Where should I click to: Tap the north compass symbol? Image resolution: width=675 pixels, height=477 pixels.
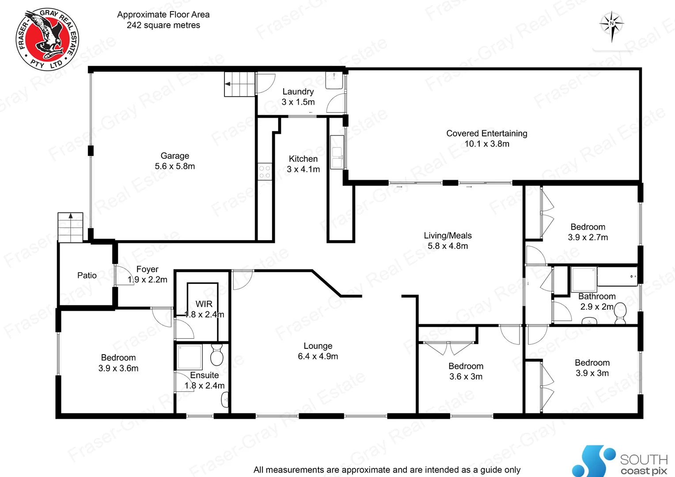point(611,25)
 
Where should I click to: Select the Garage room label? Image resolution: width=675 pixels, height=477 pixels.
point(175,156)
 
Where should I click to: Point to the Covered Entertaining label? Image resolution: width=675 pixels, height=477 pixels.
point(487,133)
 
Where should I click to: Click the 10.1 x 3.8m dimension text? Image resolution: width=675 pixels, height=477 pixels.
point(487,144)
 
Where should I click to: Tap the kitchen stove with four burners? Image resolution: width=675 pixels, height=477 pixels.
point(265,172)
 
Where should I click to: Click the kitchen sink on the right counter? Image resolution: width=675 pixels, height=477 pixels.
point(337,152)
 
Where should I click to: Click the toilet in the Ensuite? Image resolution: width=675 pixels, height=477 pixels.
point(216,355)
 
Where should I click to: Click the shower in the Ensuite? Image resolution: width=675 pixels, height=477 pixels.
point(190,357)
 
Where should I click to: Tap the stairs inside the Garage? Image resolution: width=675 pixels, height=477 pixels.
point(240,84)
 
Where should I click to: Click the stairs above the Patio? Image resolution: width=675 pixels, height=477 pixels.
point(70,227)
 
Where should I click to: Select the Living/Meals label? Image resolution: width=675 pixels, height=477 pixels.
point(447,236)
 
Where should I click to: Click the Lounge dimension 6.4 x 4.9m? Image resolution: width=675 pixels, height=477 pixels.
point(318,356)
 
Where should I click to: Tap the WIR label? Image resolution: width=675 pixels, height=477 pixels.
point(204,304)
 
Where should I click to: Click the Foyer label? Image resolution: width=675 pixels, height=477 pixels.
point(147,269)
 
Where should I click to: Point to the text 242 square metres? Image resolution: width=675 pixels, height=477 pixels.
point(163,26)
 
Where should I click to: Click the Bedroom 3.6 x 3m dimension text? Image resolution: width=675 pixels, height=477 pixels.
point(466,377)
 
